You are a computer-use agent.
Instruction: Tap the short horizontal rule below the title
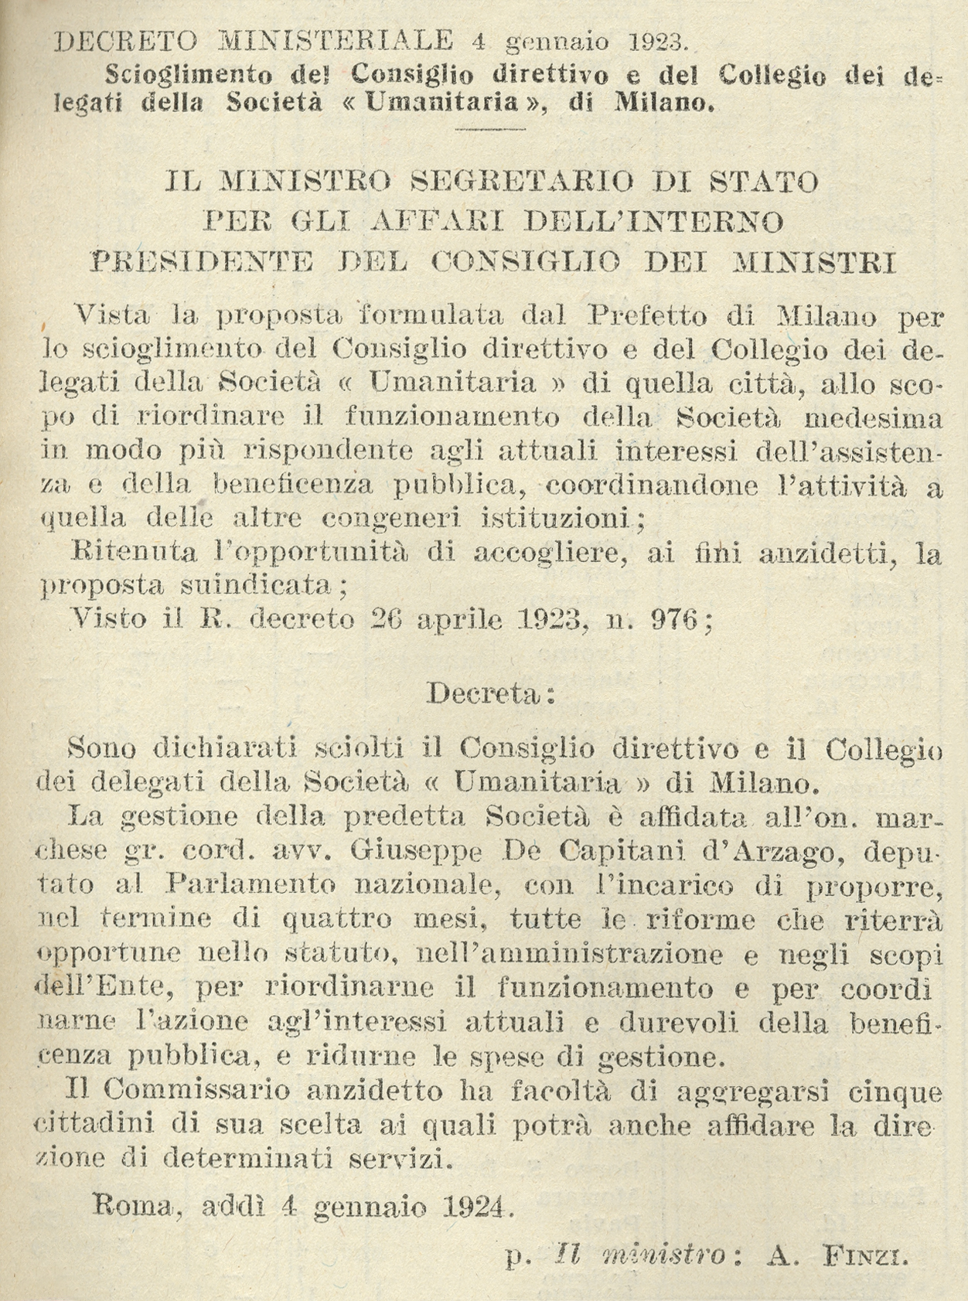click(x=480, y=128)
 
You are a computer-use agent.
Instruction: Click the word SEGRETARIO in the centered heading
click(x=522, y=182)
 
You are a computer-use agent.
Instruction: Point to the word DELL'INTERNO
click(x=653, y=223)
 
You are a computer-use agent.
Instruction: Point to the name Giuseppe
click(x=416, y=851)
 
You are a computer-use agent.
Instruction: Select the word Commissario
click(x=196, y=1091)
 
